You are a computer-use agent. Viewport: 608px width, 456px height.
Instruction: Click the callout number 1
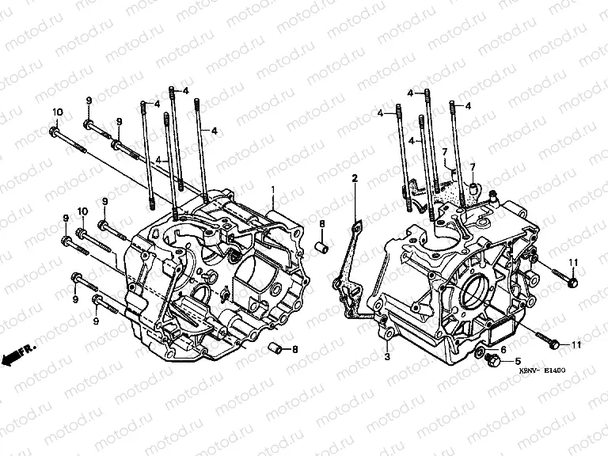[272, 190]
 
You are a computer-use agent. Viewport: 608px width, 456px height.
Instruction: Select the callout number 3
[388, 358]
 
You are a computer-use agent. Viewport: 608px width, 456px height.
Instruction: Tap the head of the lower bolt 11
[557, 344]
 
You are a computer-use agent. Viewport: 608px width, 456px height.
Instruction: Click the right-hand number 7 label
[473, 167]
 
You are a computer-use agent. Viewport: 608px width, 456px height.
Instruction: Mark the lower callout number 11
[576, 344]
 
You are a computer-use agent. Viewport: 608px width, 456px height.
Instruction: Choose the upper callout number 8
[323, 226]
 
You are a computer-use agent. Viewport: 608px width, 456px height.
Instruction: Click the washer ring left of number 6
[481, 351]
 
